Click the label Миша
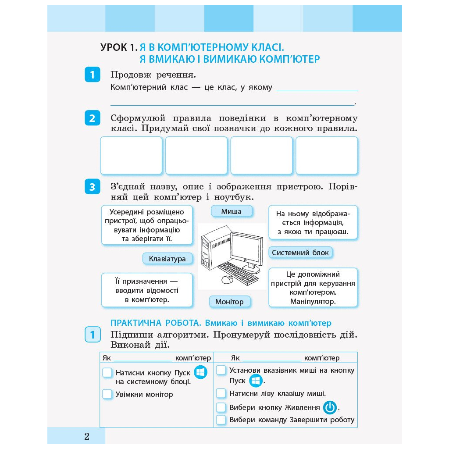[x=232, y=211]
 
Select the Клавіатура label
[x=167, y=259]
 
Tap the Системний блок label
[x=300, y=253]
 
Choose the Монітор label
[x=229, y=302]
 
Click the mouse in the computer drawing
[x=227, y=279]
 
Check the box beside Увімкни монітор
[x=107, y=394]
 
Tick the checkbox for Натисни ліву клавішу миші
[x=221, y=393]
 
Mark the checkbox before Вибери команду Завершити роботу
[x=221, y=420]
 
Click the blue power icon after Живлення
[x=330, y=408]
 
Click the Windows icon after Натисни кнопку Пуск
[x=200, y=373]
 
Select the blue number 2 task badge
[x=92, y=118]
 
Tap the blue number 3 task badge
[x=92, y=187]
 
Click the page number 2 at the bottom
[x=87, y=436]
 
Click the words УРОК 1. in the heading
[x=119, y=47]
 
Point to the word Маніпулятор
[x=313, y=301]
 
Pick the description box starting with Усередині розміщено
[x=147, y=225]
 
